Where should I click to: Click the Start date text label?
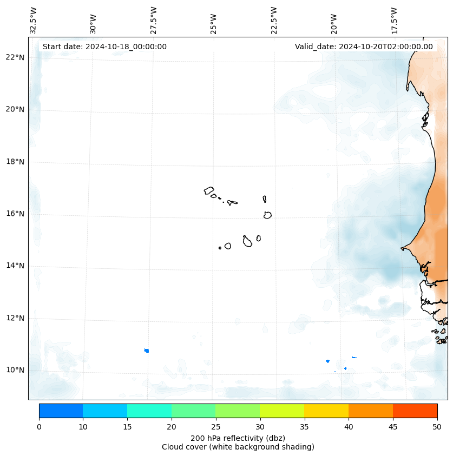click(x=104, y=47)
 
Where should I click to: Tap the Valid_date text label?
click(x=364, y=47)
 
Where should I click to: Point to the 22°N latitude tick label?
click(x=15, y=57)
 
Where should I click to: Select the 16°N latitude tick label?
click(x=15, y=214)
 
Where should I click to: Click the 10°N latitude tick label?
click(x=15, y=370)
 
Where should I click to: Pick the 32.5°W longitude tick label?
click(x=34, y=21)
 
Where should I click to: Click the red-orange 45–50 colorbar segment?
click(x=415, y=411)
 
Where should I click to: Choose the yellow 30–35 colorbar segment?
click(x=282, y=411)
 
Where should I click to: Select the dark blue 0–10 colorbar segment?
click(x=61, y=411)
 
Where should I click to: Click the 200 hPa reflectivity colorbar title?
click(x=238, y=438)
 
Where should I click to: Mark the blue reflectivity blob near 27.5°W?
click(x=147, y=351)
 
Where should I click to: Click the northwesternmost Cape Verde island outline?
click(x=209, y=190)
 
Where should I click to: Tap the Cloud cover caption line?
click(x=238, y=447)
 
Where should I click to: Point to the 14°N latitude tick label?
click(x=15, y=266)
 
